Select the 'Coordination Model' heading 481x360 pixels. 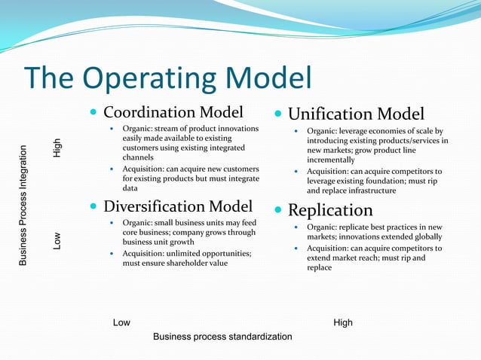(173, 113)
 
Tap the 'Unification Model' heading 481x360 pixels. (356, 114)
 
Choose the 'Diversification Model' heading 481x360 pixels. (177, 206)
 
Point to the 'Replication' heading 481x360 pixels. (330, 210)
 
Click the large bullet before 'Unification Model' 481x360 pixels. (278, 115)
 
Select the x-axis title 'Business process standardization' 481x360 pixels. (222, 337)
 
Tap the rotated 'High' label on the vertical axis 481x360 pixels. (57, 148)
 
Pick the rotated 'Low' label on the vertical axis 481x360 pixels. (57, 241)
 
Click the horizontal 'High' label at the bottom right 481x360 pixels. (342, 323)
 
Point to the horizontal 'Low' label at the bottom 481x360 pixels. (121, 323)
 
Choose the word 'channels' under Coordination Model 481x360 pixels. (138, 158)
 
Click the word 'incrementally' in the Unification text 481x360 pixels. (330, 160)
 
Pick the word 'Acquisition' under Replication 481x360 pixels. (329, 248)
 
